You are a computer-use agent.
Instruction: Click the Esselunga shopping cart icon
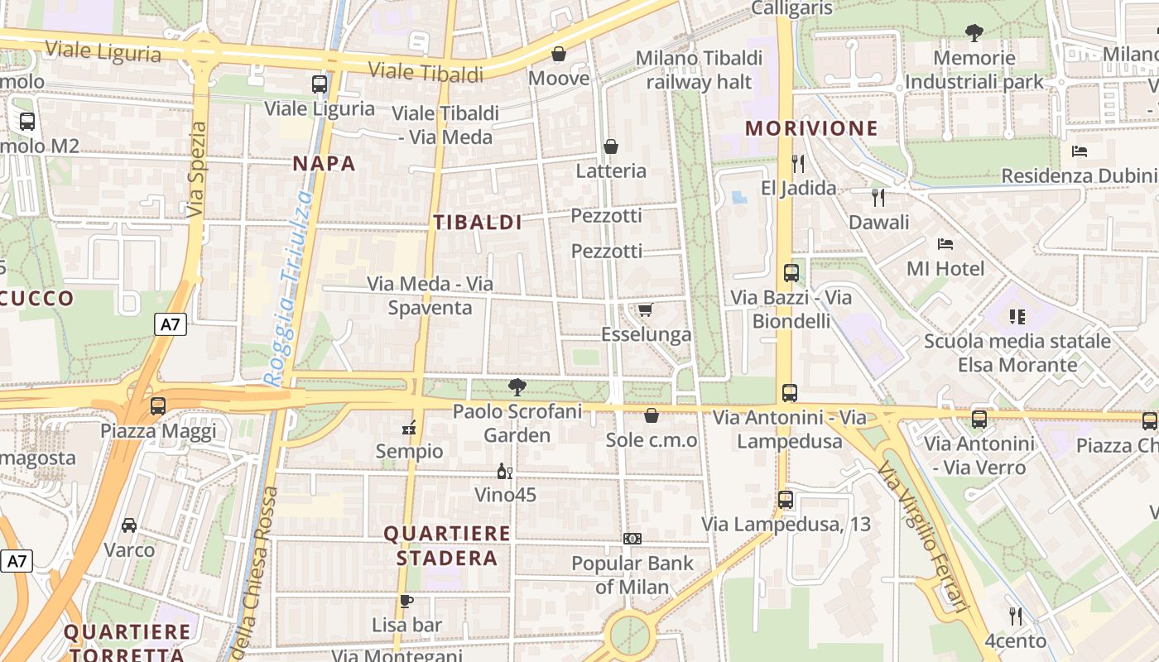click(645, 309)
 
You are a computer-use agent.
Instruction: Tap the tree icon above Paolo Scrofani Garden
click(517, 386)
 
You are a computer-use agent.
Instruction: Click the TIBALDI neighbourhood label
click(478, 222)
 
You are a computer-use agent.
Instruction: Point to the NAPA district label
click(324, 164)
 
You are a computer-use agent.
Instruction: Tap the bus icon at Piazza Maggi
click(158, 406)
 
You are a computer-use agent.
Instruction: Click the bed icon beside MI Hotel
click(945, 243)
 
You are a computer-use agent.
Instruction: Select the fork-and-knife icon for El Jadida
click(798, 163)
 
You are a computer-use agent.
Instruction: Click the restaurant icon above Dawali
click(878, 197)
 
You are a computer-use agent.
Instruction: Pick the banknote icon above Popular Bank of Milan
click(632, 539)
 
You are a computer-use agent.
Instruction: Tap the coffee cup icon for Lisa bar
click(406, 601)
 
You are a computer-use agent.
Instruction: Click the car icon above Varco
click(129, 525)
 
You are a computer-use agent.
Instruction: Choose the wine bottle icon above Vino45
click(504, 471)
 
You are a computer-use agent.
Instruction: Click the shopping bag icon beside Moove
click(559, 55)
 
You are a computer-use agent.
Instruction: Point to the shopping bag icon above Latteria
click(611, 146)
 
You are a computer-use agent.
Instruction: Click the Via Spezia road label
click(196, 170)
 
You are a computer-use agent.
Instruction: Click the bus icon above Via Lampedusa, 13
click(786, 500)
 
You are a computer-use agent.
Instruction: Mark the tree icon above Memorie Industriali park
click(974, 33)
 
